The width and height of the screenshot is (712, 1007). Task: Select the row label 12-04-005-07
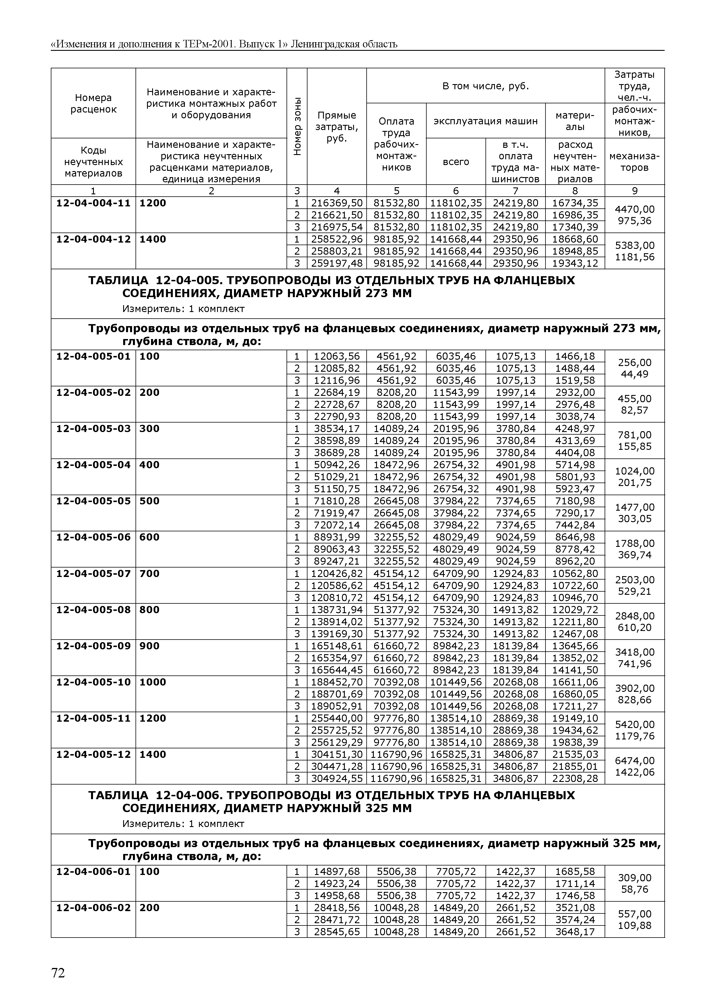(93, 574)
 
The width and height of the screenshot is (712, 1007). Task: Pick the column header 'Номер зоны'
(297, 126)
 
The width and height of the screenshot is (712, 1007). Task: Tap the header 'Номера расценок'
(93, 104)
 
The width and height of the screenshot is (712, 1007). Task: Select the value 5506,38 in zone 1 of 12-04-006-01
(396, 872)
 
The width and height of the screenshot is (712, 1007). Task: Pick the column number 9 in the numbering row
(634, 191)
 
